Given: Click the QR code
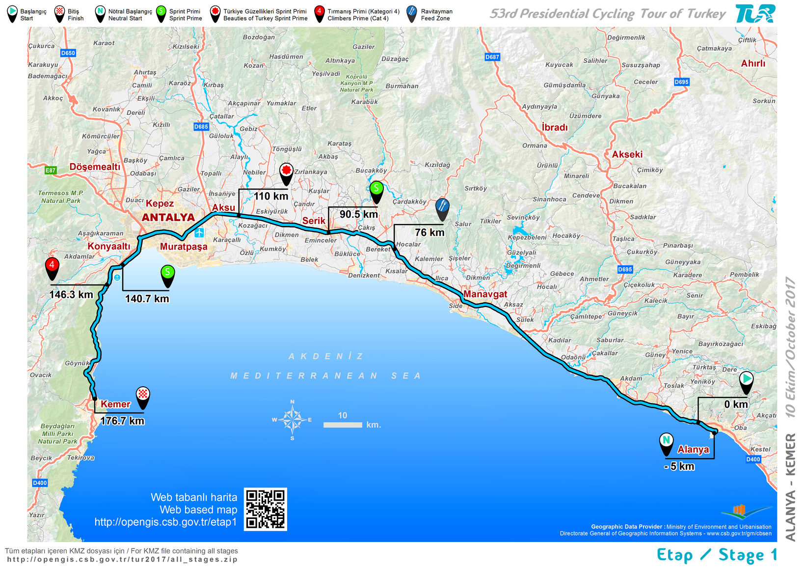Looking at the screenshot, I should (x=265, y=509).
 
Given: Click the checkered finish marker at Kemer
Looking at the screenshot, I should (x=143, y=396).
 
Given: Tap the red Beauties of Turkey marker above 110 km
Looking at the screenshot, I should (x=286, y=172).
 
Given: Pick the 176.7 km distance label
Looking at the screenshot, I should (x=122, y=421).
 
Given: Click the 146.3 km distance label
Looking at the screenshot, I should (x=71, y=295).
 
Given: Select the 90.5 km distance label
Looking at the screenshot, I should (x=359, y=214).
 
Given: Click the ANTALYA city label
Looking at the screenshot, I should (x=168, y=217).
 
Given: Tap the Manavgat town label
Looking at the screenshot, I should (x=485, y=294).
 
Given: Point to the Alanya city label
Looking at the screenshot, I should (x=693, y=449).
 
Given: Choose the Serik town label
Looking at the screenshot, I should (x=313, y=221).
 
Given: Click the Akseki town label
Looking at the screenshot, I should (x=627, y=154).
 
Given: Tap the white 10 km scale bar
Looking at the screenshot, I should (x=343, y=425).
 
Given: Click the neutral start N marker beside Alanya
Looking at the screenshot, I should (x=666, y=441).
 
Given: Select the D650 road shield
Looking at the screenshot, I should (x=68, y=53).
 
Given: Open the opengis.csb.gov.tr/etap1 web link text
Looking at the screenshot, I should (x=165, y=522).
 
